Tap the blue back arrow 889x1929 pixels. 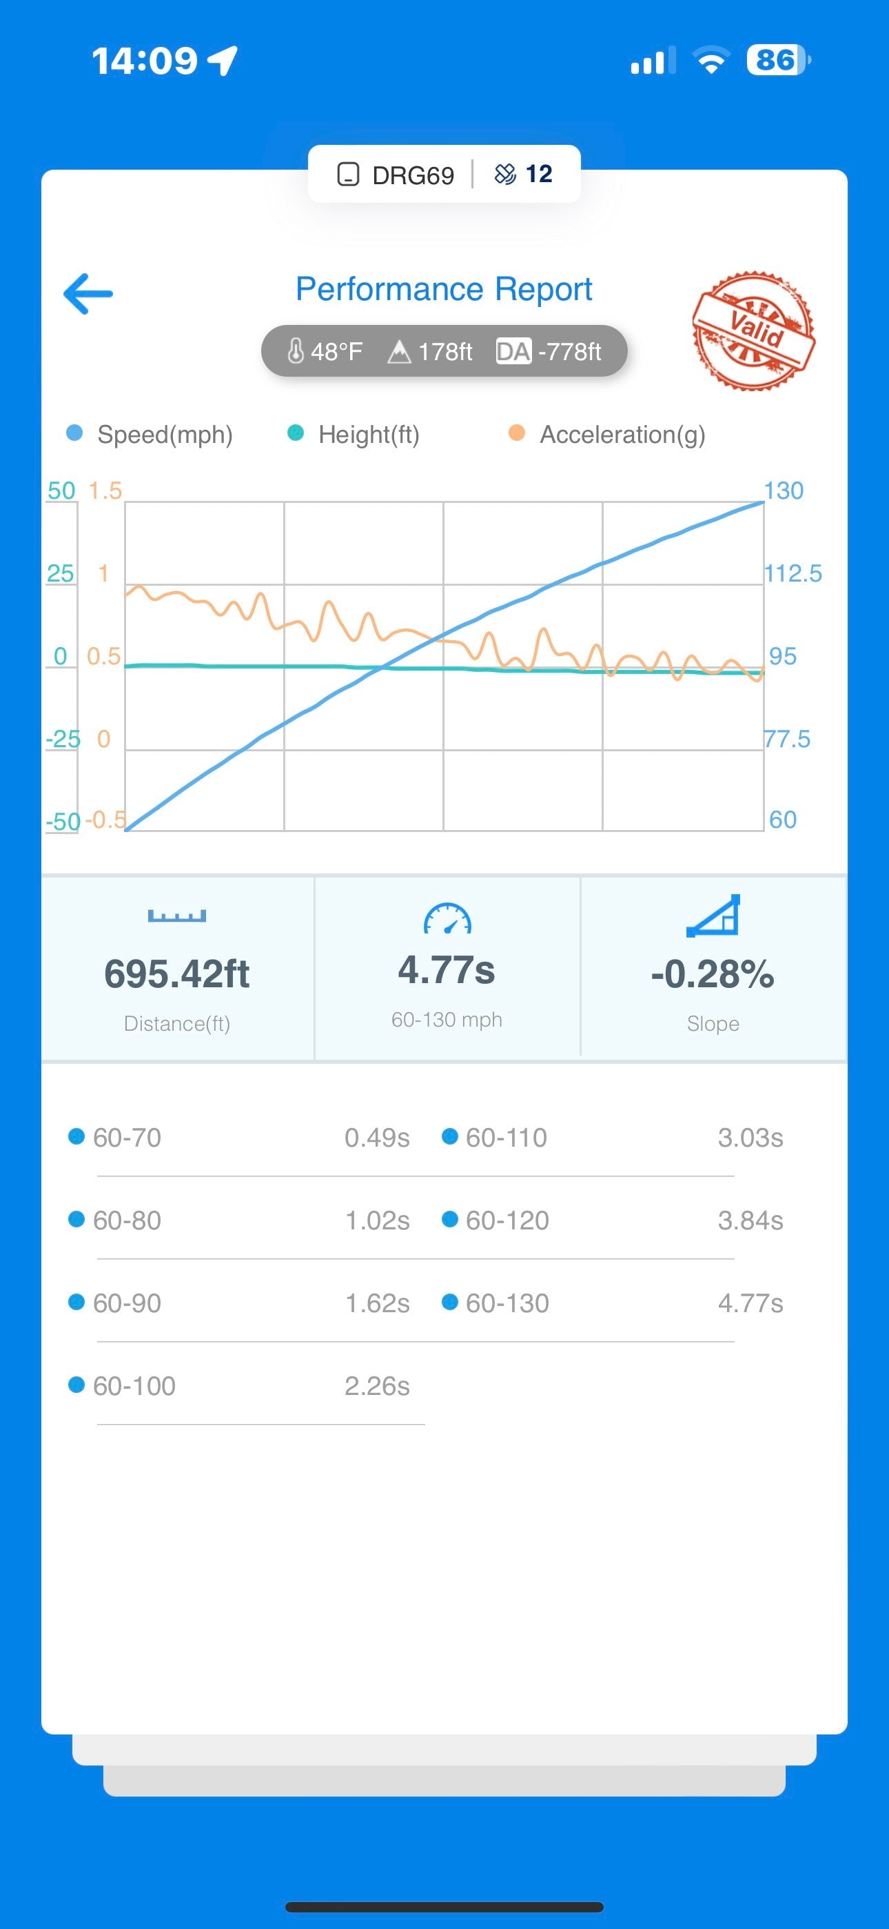[88, 293]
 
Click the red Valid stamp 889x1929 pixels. [753, 330]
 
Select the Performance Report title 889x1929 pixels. [444, 289]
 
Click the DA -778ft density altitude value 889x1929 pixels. [549, 351]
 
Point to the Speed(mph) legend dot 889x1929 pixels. [74, 433]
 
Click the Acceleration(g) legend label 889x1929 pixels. [622, 435]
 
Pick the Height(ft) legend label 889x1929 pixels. [368, 435]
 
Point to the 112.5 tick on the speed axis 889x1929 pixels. [793, 573]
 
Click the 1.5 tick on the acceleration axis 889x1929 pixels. [105, 491]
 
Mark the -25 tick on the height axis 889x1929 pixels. [63, 739]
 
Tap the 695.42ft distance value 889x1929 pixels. [177, 974]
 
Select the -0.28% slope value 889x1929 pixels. [713, 974]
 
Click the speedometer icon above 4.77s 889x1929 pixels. [447, 919]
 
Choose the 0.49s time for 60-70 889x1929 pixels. [376, 1138]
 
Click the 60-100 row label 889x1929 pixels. [134, 1386]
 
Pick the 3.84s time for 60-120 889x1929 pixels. [750, 1220]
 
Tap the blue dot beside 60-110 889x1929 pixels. [450, 1137]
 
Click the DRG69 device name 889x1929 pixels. [413, 175]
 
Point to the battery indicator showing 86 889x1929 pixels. [777, 60]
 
